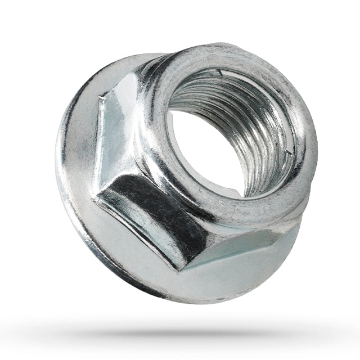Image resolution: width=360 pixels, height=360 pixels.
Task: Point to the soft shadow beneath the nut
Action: [x=186, y=332]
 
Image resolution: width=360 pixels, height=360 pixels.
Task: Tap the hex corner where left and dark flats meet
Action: [x=101, y=194]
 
